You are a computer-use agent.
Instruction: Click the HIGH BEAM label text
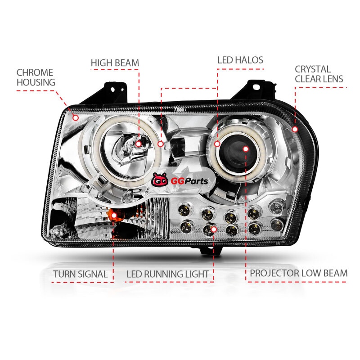click(x=115, y=63)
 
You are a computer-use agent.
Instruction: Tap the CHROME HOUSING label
click(x=35, y=77)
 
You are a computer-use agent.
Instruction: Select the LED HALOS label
click(x=240, y=60)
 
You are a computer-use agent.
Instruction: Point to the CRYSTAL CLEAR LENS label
click(x=319, y=74)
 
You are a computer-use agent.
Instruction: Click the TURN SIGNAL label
click(x=80, y=274)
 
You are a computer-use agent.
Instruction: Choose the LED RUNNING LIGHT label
click(x=167, y=274)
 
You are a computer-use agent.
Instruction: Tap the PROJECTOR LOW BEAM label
click(x=299, y=273)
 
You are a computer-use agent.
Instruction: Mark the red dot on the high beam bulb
click(x=139, y=143)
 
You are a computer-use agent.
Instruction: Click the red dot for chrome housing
click(x=76, y=118)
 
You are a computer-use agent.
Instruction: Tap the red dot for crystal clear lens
click(x=295, y=129)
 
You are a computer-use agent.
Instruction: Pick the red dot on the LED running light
click(x=214, y=229)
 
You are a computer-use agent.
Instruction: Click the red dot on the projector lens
click(x=245, y=148)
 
